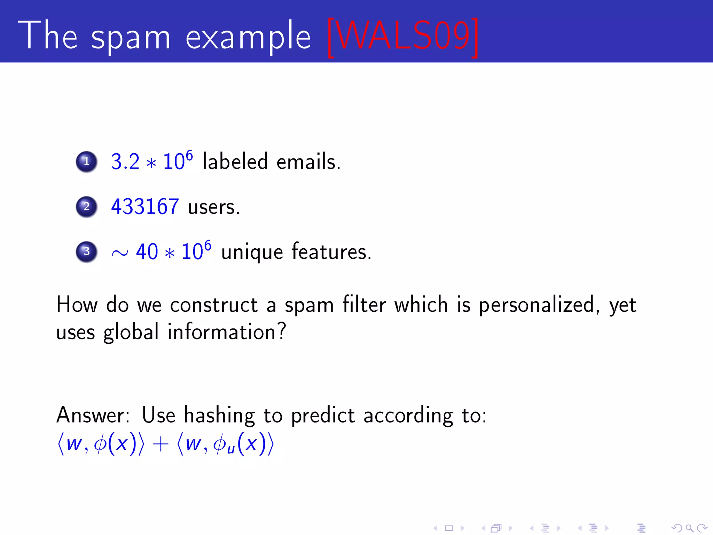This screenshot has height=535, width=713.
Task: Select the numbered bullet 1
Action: [86, 162]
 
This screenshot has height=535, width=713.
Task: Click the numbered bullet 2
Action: [86, 207]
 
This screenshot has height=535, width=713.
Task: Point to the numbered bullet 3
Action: [86, 251]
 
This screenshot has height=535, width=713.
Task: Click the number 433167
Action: [145, 207]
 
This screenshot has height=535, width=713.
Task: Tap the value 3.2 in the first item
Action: [125, 162]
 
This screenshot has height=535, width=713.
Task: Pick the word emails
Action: [308, 162]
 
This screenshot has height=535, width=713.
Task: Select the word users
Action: [213, 207]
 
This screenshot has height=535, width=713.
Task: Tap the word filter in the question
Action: [364, 305]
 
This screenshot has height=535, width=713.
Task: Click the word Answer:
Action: [93, 415]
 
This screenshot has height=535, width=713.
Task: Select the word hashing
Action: [219, 416]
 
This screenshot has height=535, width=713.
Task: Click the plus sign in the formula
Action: [160, 445]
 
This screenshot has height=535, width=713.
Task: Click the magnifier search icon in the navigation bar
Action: [689, 528]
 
